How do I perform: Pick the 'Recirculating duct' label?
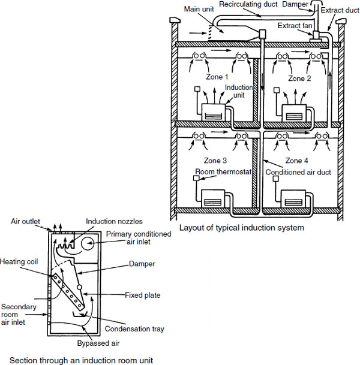(247, 4)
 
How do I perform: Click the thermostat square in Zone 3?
(196, 177)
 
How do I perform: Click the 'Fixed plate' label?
(142, 294)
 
